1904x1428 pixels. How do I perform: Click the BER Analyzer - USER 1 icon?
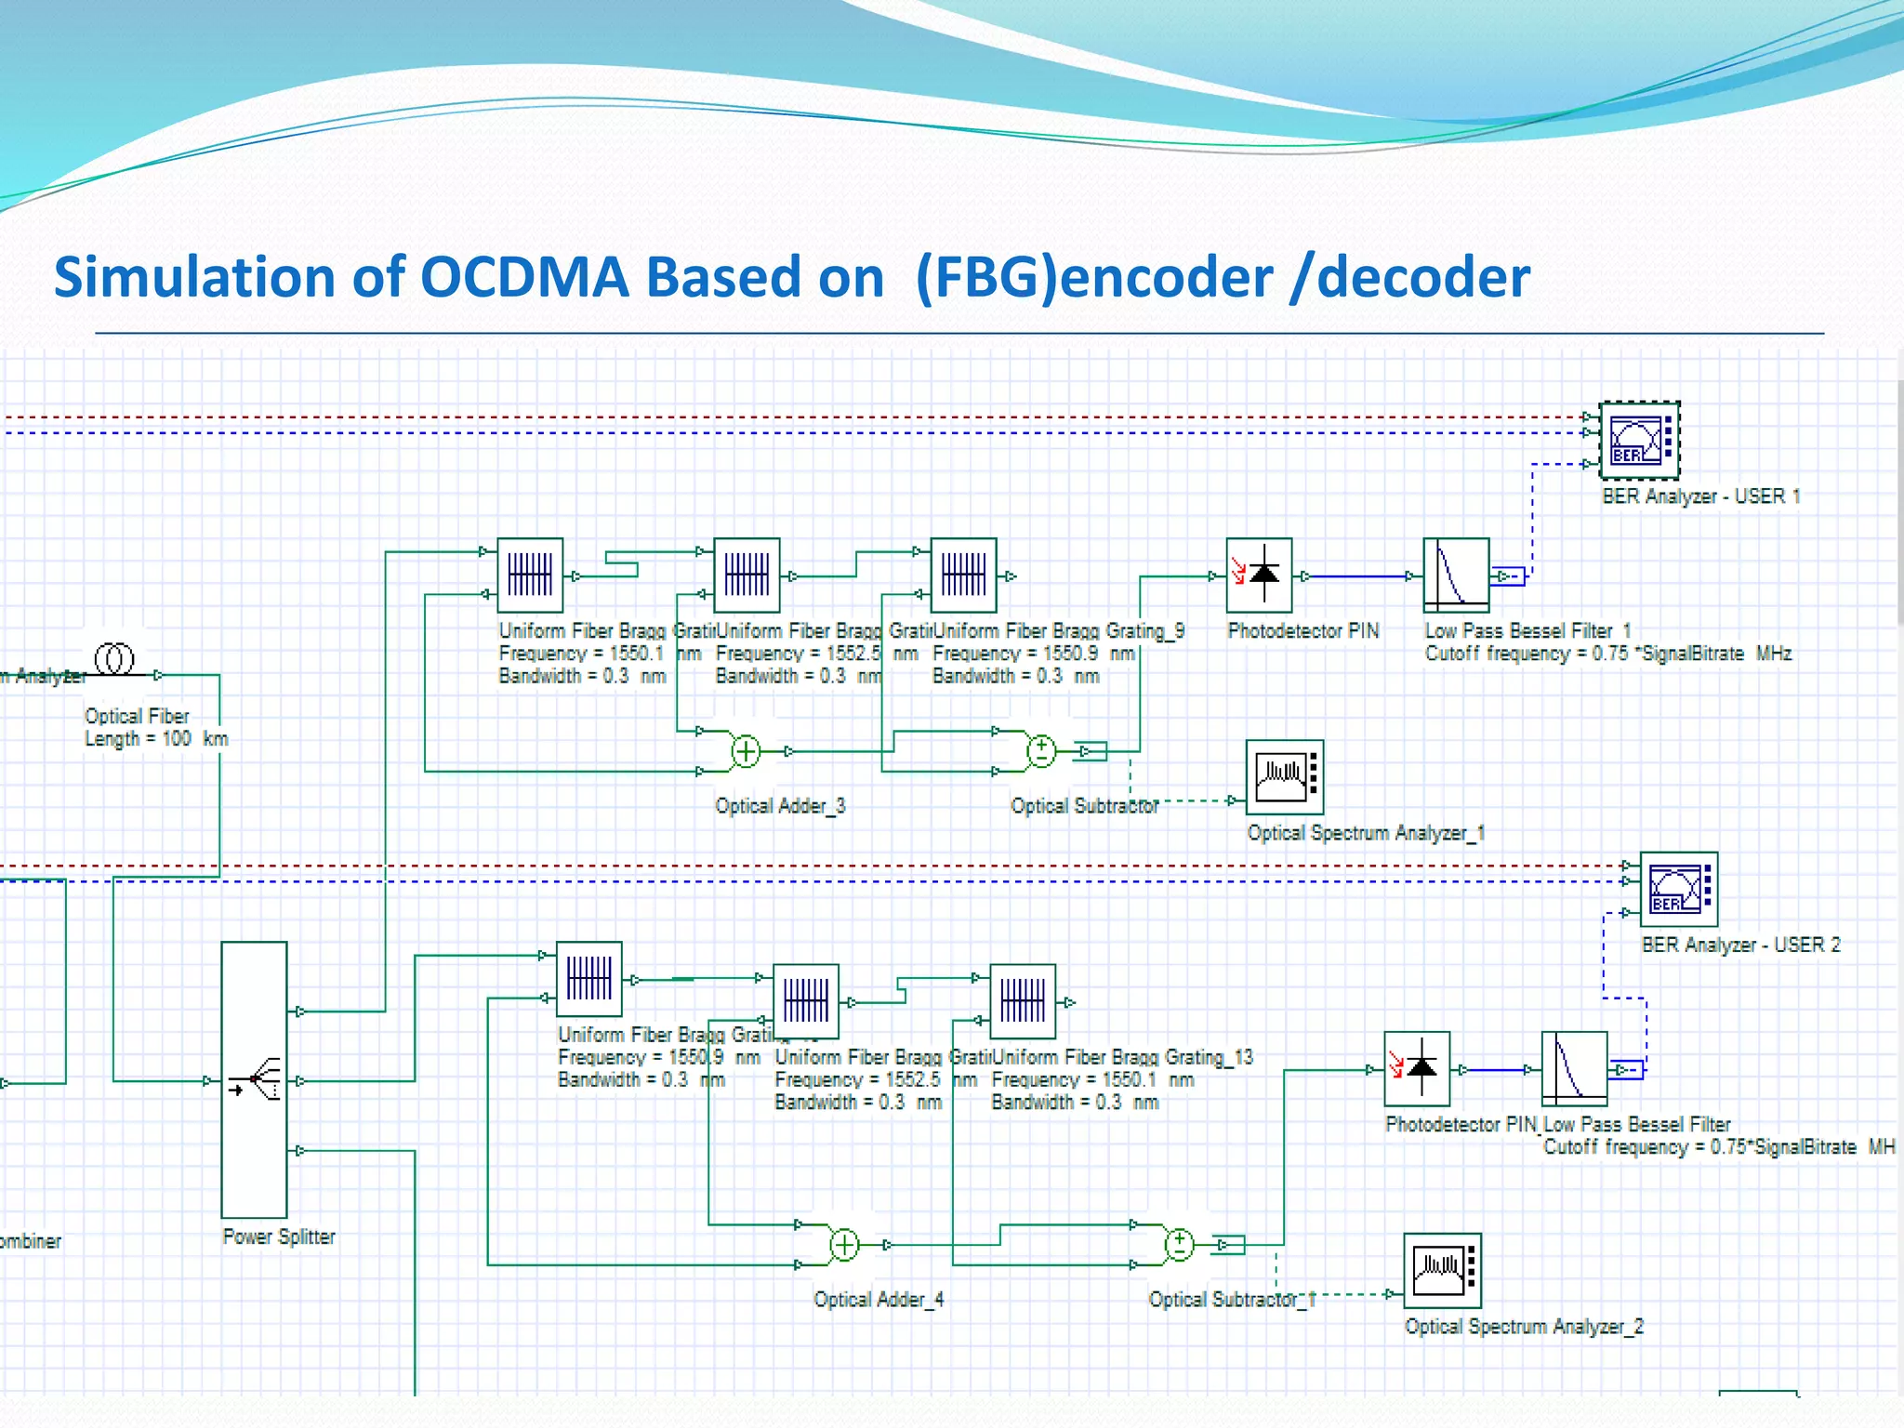pos(1639,441)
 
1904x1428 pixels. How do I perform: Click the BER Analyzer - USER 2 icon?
pos(1678,890)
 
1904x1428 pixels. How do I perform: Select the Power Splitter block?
pos(254,1079)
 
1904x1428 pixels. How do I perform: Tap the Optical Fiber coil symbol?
pos(114,659)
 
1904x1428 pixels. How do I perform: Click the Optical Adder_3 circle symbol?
pos(746,751)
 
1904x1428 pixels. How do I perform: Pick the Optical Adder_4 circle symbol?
pos(843,1245)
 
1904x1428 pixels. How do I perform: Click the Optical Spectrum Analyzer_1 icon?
pos(1284,777)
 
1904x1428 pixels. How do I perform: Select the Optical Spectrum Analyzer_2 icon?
pos(1442,1271)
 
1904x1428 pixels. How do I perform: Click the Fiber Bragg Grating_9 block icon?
pos(963,575)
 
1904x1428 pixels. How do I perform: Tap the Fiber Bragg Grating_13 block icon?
pos(1023,1001)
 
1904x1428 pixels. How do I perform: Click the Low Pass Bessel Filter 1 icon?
pos(1456,575)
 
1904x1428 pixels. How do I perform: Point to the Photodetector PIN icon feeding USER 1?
pos(1259,575)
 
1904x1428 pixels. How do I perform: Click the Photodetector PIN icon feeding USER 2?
pos(1417,1068)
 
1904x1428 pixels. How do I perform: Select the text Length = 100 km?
pos(156,739)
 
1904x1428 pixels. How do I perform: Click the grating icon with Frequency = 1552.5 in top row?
pos(747,575)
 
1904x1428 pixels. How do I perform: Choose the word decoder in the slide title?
pos(1422,278)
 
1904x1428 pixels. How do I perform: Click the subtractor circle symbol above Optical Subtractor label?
pos(1041,751)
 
